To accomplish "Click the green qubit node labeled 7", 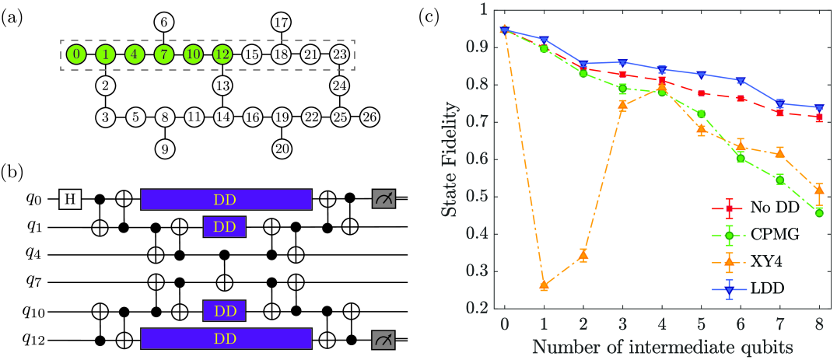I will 163,55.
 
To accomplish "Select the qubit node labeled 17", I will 281,23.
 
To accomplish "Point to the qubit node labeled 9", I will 163,148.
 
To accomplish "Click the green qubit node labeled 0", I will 76,55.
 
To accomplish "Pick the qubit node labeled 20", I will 281,148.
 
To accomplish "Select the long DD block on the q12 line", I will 226,340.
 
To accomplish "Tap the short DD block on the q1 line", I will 224,227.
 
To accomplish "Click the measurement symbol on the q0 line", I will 384,200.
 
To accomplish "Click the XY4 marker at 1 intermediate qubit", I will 544,285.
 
